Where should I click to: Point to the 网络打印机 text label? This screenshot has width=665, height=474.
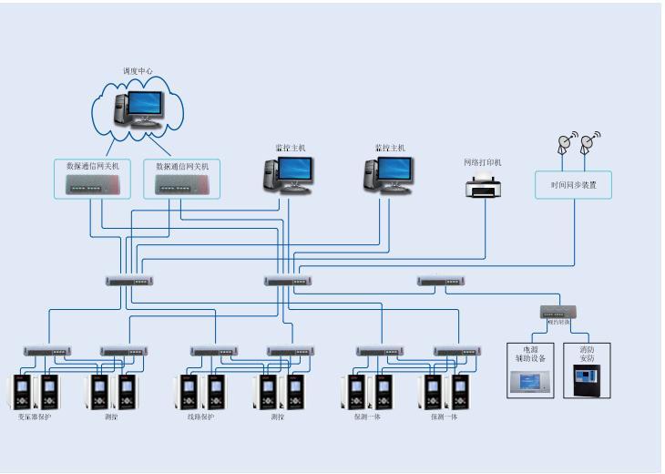[x=484, y=162]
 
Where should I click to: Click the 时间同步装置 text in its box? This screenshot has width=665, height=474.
[x=573, y=184]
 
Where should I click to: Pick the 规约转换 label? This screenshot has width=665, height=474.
[x=558, y=323]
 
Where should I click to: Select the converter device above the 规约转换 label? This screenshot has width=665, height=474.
[x=558, y=312]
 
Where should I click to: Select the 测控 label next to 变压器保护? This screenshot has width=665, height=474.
[x=112, y=417]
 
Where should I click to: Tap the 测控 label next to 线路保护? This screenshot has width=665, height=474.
[x=278, y=417]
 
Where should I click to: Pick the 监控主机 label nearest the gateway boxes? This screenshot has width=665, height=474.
[x=289, y=147]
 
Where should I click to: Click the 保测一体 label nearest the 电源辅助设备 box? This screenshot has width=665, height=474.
[x=443, y=417]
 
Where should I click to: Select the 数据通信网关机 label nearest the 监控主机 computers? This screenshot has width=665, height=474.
[x=182, y=167]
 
